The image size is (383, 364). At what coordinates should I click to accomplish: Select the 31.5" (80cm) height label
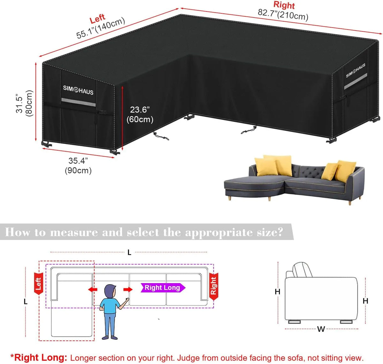pos(24,103)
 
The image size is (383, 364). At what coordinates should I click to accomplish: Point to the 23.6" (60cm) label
pos(140,115)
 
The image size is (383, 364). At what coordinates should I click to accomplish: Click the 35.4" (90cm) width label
pos(78,166)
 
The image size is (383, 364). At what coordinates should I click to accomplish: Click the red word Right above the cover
pos(284,5)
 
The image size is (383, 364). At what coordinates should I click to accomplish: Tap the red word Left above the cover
pos(97,18)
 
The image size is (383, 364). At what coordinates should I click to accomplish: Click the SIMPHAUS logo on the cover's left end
pos(78,90)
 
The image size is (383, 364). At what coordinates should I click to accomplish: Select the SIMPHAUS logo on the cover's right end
pos(356,70)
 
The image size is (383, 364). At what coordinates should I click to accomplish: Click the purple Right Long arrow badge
pos(163,288)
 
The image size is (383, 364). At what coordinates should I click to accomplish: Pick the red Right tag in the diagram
pos(214,286)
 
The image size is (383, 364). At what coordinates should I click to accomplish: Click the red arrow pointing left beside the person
pos(93,290)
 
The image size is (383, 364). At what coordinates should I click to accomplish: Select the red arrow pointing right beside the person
pos(128,290)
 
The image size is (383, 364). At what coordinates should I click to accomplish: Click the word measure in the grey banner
pos(74,232)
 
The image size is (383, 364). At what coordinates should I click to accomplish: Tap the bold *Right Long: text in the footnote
pos(39,358)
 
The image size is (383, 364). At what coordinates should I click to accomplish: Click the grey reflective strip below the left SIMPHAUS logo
pos(79,102)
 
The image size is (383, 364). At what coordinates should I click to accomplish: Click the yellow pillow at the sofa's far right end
pos(345,171)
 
